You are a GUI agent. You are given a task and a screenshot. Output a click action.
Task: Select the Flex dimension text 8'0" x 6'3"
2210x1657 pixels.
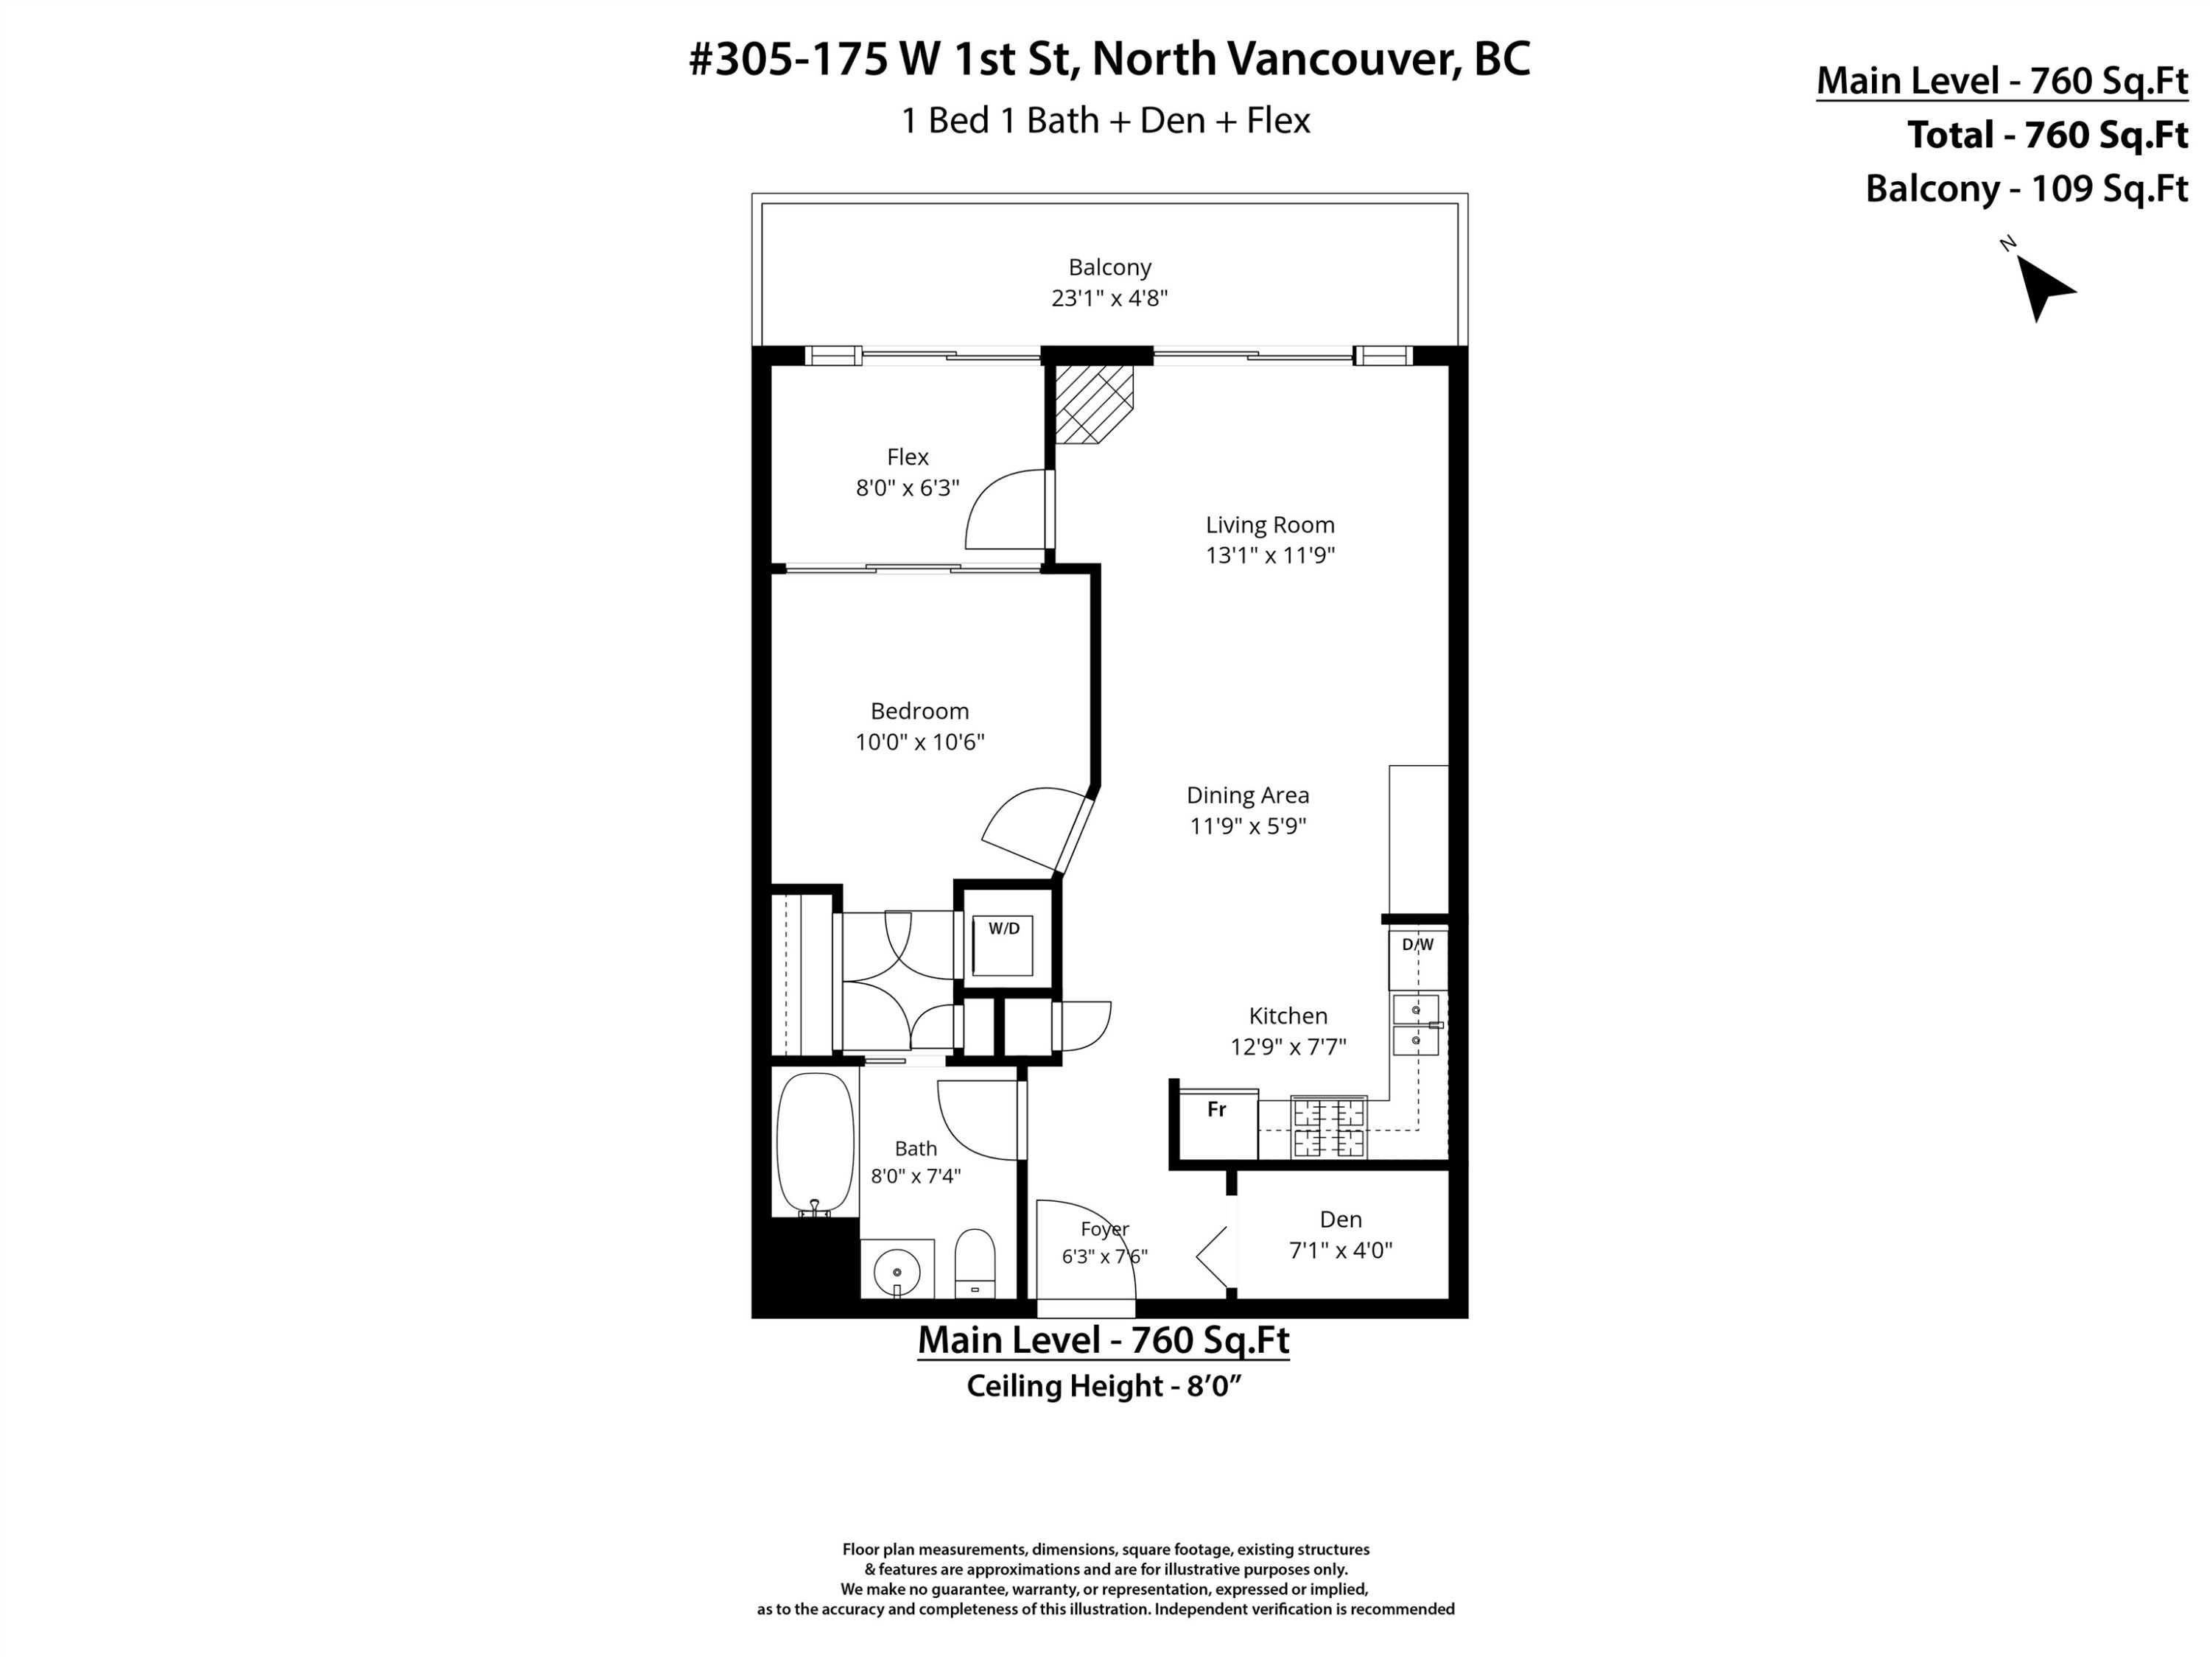(907, 488)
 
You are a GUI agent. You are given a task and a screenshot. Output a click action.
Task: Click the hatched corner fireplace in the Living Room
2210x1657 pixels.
(1094, 404)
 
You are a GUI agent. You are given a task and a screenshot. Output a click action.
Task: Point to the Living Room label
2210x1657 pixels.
(1270, 524)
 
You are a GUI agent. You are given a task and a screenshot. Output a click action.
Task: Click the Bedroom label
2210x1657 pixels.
(919, 711)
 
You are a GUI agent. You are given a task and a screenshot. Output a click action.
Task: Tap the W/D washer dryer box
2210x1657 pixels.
(1003, 945)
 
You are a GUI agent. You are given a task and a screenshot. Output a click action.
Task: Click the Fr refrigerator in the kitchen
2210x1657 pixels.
(1218, 1125)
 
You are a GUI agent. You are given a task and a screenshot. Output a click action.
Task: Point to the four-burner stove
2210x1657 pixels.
(1329, 1127)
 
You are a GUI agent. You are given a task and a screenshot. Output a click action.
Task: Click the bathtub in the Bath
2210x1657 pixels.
(815, 1144)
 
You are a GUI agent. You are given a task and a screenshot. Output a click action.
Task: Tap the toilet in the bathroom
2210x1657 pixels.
(974, 1264)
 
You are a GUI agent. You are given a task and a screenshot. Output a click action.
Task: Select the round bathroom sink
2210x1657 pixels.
(897, 1271)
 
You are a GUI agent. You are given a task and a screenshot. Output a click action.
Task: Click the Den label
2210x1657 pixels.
(1340, 1220)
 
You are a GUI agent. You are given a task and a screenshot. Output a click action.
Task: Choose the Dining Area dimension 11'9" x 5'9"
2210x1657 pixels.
(1248, 826)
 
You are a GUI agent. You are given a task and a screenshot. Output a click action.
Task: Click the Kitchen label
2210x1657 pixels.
(1288, 1016)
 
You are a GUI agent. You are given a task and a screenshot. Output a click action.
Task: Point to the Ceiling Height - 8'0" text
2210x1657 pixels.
(1103, 1386)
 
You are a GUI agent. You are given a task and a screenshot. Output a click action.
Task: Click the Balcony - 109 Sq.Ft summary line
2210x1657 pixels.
(2026, 189)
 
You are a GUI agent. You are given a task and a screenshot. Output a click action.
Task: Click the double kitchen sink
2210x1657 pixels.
(1417, 1025)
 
